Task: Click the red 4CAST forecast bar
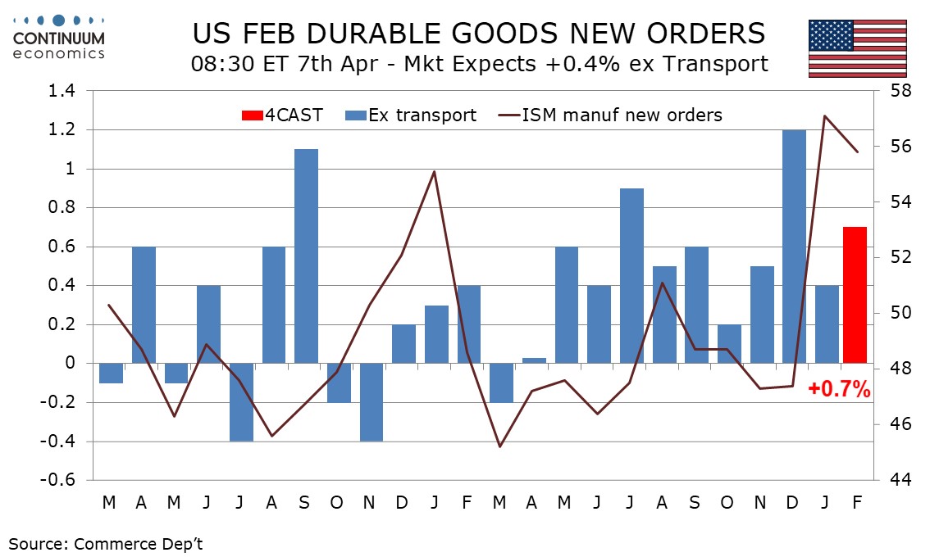click(855, 295)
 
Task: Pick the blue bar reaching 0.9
click(631, 275)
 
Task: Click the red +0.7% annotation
click(839, 390)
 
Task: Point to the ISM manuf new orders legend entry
click(610, 115)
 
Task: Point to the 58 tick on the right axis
click(896, 91)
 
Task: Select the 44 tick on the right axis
click(896, 480)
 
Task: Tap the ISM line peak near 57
click(825, 115)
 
